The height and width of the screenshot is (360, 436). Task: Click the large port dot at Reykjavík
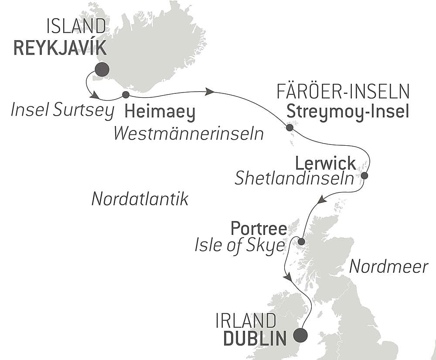102,69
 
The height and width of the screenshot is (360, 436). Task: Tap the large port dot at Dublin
300,336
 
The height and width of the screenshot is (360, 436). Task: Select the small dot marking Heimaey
126,95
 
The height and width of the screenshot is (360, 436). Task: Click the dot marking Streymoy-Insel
290,127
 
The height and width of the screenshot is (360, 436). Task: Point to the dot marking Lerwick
364,176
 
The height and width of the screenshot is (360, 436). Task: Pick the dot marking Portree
301,241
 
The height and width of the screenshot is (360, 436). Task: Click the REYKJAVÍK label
60,48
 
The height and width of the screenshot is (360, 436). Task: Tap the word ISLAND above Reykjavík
76,27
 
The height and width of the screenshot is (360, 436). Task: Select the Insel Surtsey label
62,111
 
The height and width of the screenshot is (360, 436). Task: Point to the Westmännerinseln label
188,134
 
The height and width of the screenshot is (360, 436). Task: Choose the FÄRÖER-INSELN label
344,92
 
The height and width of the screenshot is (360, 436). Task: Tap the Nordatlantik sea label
140,199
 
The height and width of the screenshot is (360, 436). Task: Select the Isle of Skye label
239,247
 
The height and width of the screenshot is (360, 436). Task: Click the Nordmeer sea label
389,266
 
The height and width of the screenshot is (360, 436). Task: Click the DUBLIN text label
255,339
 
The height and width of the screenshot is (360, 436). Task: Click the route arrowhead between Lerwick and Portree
321,200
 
